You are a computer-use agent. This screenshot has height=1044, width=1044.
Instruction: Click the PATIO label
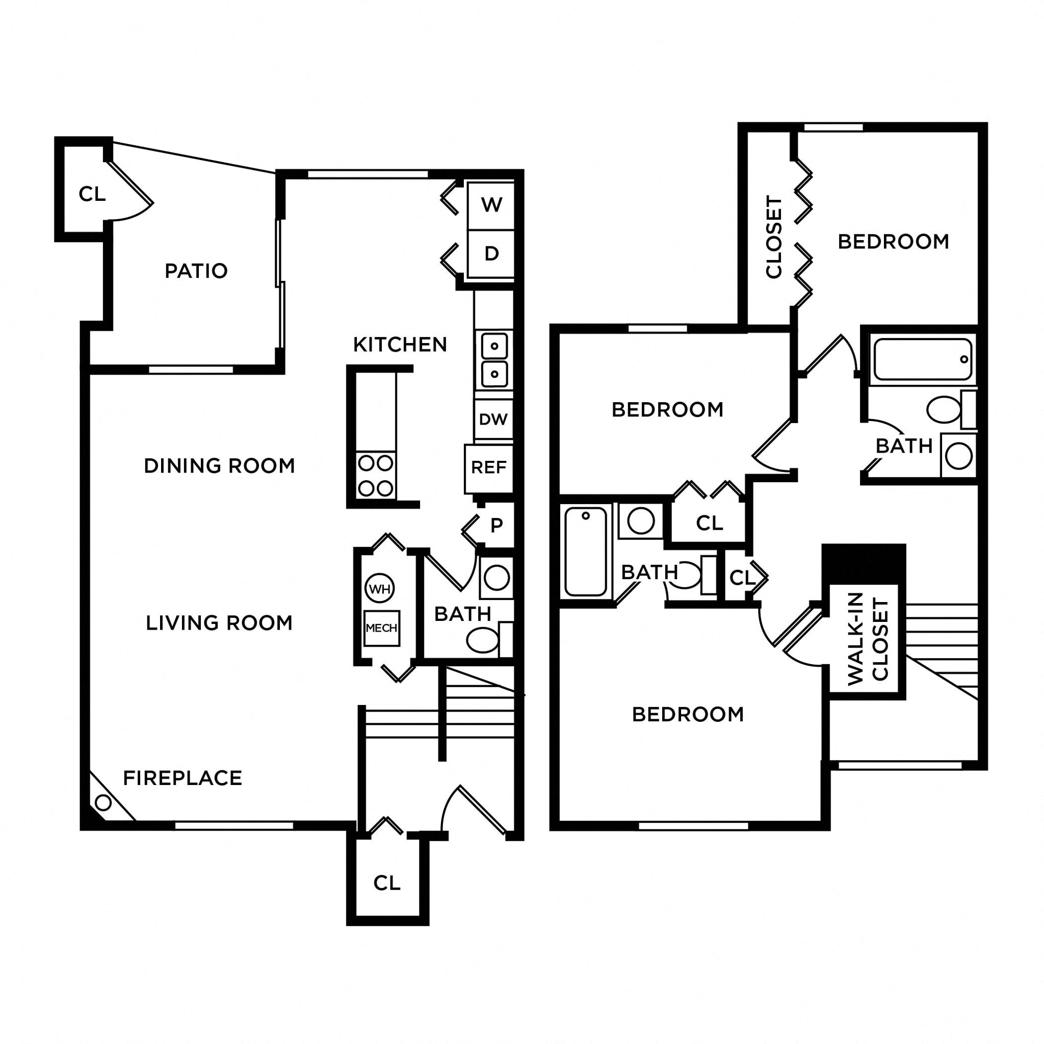click(196, 271)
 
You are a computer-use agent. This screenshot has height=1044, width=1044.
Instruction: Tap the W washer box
click(491, 205)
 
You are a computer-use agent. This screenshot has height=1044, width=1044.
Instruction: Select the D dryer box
click(491, 253)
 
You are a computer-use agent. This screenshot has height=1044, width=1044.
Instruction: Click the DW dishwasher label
click(493, 419)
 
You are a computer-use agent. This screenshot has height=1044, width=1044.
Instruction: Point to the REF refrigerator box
click(488, 467)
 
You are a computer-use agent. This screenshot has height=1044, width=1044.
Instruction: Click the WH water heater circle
click(380, 588)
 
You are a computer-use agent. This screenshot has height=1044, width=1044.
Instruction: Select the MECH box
click(381, 628)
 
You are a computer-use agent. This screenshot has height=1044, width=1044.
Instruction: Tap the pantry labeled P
click(497, 525)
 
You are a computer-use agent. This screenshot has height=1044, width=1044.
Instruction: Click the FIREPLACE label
click(182, 778)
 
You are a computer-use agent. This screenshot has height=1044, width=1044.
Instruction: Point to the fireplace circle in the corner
click(103, 803)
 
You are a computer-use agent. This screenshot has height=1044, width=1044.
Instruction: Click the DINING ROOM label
click(219, 466)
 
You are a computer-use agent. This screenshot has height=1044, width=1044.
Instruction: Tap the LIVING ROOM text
click(219, 623)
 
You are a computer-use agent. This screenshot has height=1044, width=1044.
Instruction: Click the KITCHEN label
click(400, 345)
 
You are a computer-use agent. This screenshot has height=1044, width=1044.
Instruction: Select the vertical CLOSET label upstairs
click(774, 237)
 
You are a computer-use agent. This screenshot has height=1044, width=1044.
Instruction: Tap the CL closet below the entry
click(387, 883)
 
